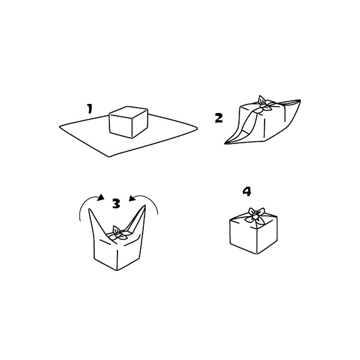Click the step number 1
[x=90, y=108]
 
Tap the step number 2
[x=219, y=118]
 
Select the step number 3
[x=116, y=204]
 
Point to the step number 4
[x=247, y=191]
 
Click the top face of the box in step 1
[x=129, y=111]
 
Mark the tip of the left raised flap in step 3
[x=90, y=210]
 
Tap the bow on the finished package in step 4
[x=255, y=214]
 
